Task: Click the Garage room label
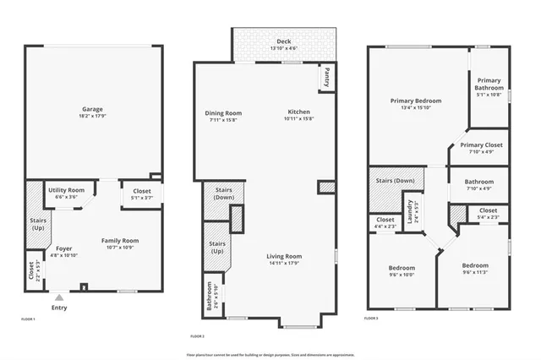click(x=92, y=110)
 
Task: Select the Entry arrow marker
click(x=58, y=297)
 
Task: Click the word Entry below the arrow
click(x=58, y=308)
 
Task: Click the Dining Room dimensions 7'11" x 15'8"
click(x=223, y=120)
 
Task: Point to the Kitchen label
click(x=299, y=112)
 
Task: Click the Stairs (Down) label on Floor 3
click(x=391, y=181)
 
